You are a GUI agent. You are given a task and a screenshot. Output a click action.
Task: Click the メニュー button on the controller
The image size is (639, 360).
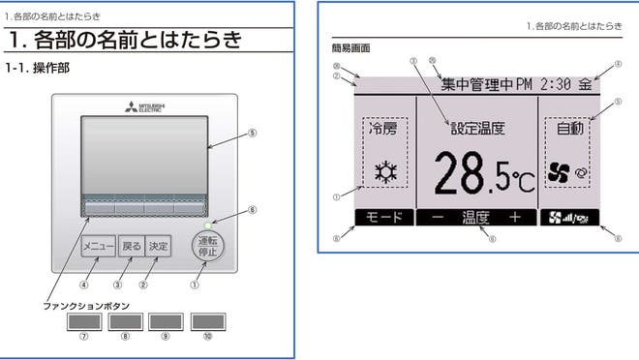98,246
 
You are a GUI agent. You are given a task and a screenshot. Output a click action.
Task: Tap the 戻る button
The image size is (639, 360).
131,246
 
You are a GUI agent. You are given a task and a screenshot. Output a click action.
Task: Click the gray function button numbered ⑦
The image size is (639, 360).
83,322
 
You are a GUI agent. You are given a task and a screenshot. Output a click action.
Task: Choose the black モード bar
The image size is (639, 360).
382,218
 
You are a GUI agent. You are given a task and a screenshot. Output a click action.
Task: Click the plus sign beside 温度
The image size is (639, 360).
514,218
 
